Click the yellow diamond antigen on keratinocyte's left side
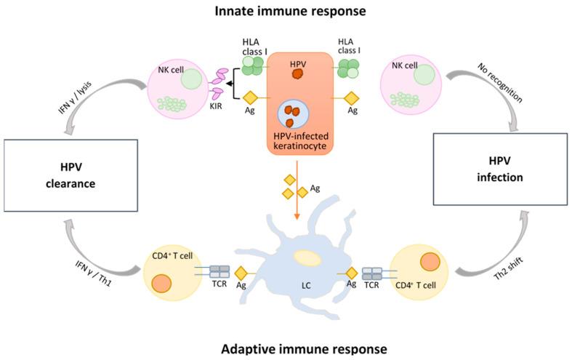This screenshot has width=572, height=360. tap(251, 97)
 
